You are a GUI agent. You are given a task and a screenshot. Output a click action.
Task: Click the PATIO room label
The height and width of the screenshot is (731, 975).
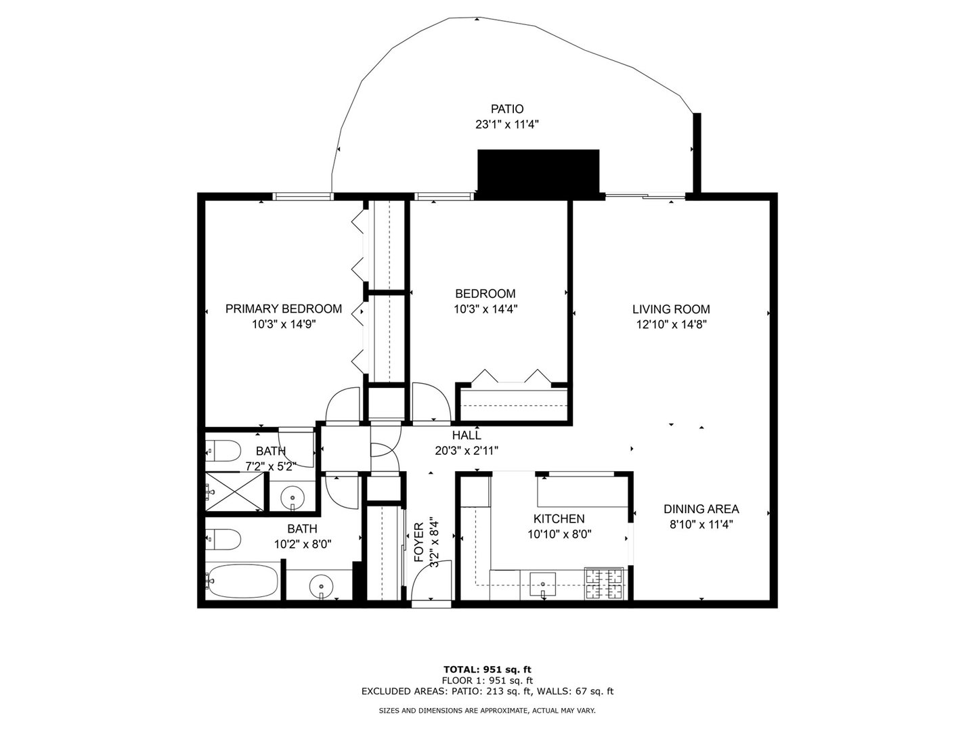pos(507,109)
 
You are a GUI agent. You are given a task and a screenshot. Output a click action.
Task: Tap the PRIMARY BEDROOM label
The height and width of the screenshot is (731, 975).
pos(283,309)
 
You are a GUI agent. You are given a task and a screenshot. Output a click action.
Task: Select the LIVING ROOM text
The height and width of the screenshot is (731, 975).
pos(671,309)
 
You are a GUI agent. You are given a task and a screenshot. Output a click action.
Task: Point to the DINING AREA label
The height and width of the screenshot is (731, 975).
pos(701,509)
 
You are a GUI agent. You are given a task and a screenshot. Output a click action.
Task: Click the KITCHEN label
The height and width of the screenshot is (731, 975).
pos(559,518)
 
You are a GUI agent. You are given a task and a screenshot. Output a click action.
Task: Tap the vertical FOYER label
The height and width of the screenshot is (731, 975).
pos(418,542)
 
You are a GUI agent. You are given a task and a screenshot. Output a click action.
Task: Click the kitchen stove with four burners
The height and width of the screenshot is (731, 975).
pos(604,583)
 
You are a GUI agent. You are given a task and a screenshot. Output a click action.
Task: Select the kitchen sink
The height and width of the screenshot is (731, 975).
pos(542,582)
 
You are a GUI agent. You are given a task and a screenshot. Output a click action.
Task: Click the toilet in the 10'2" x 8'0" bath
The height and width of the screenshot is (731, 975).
pos(223,539)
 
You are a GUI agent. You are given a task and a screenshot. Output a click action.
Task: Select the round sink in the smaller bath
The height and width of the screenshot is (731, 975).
pos(293,496)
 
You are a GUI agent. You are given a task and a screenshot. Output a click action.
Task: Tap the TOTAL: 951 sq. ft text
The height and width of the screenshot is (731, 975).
pos(487,670)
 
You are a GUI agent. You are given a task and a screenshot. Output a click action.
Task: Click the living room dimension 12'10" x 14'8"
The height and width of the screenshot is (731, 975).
pos(671,324)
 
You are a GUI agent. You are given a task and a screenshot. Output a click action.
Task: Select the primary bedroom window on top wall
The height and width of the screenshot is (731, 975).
pos(303,197)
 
